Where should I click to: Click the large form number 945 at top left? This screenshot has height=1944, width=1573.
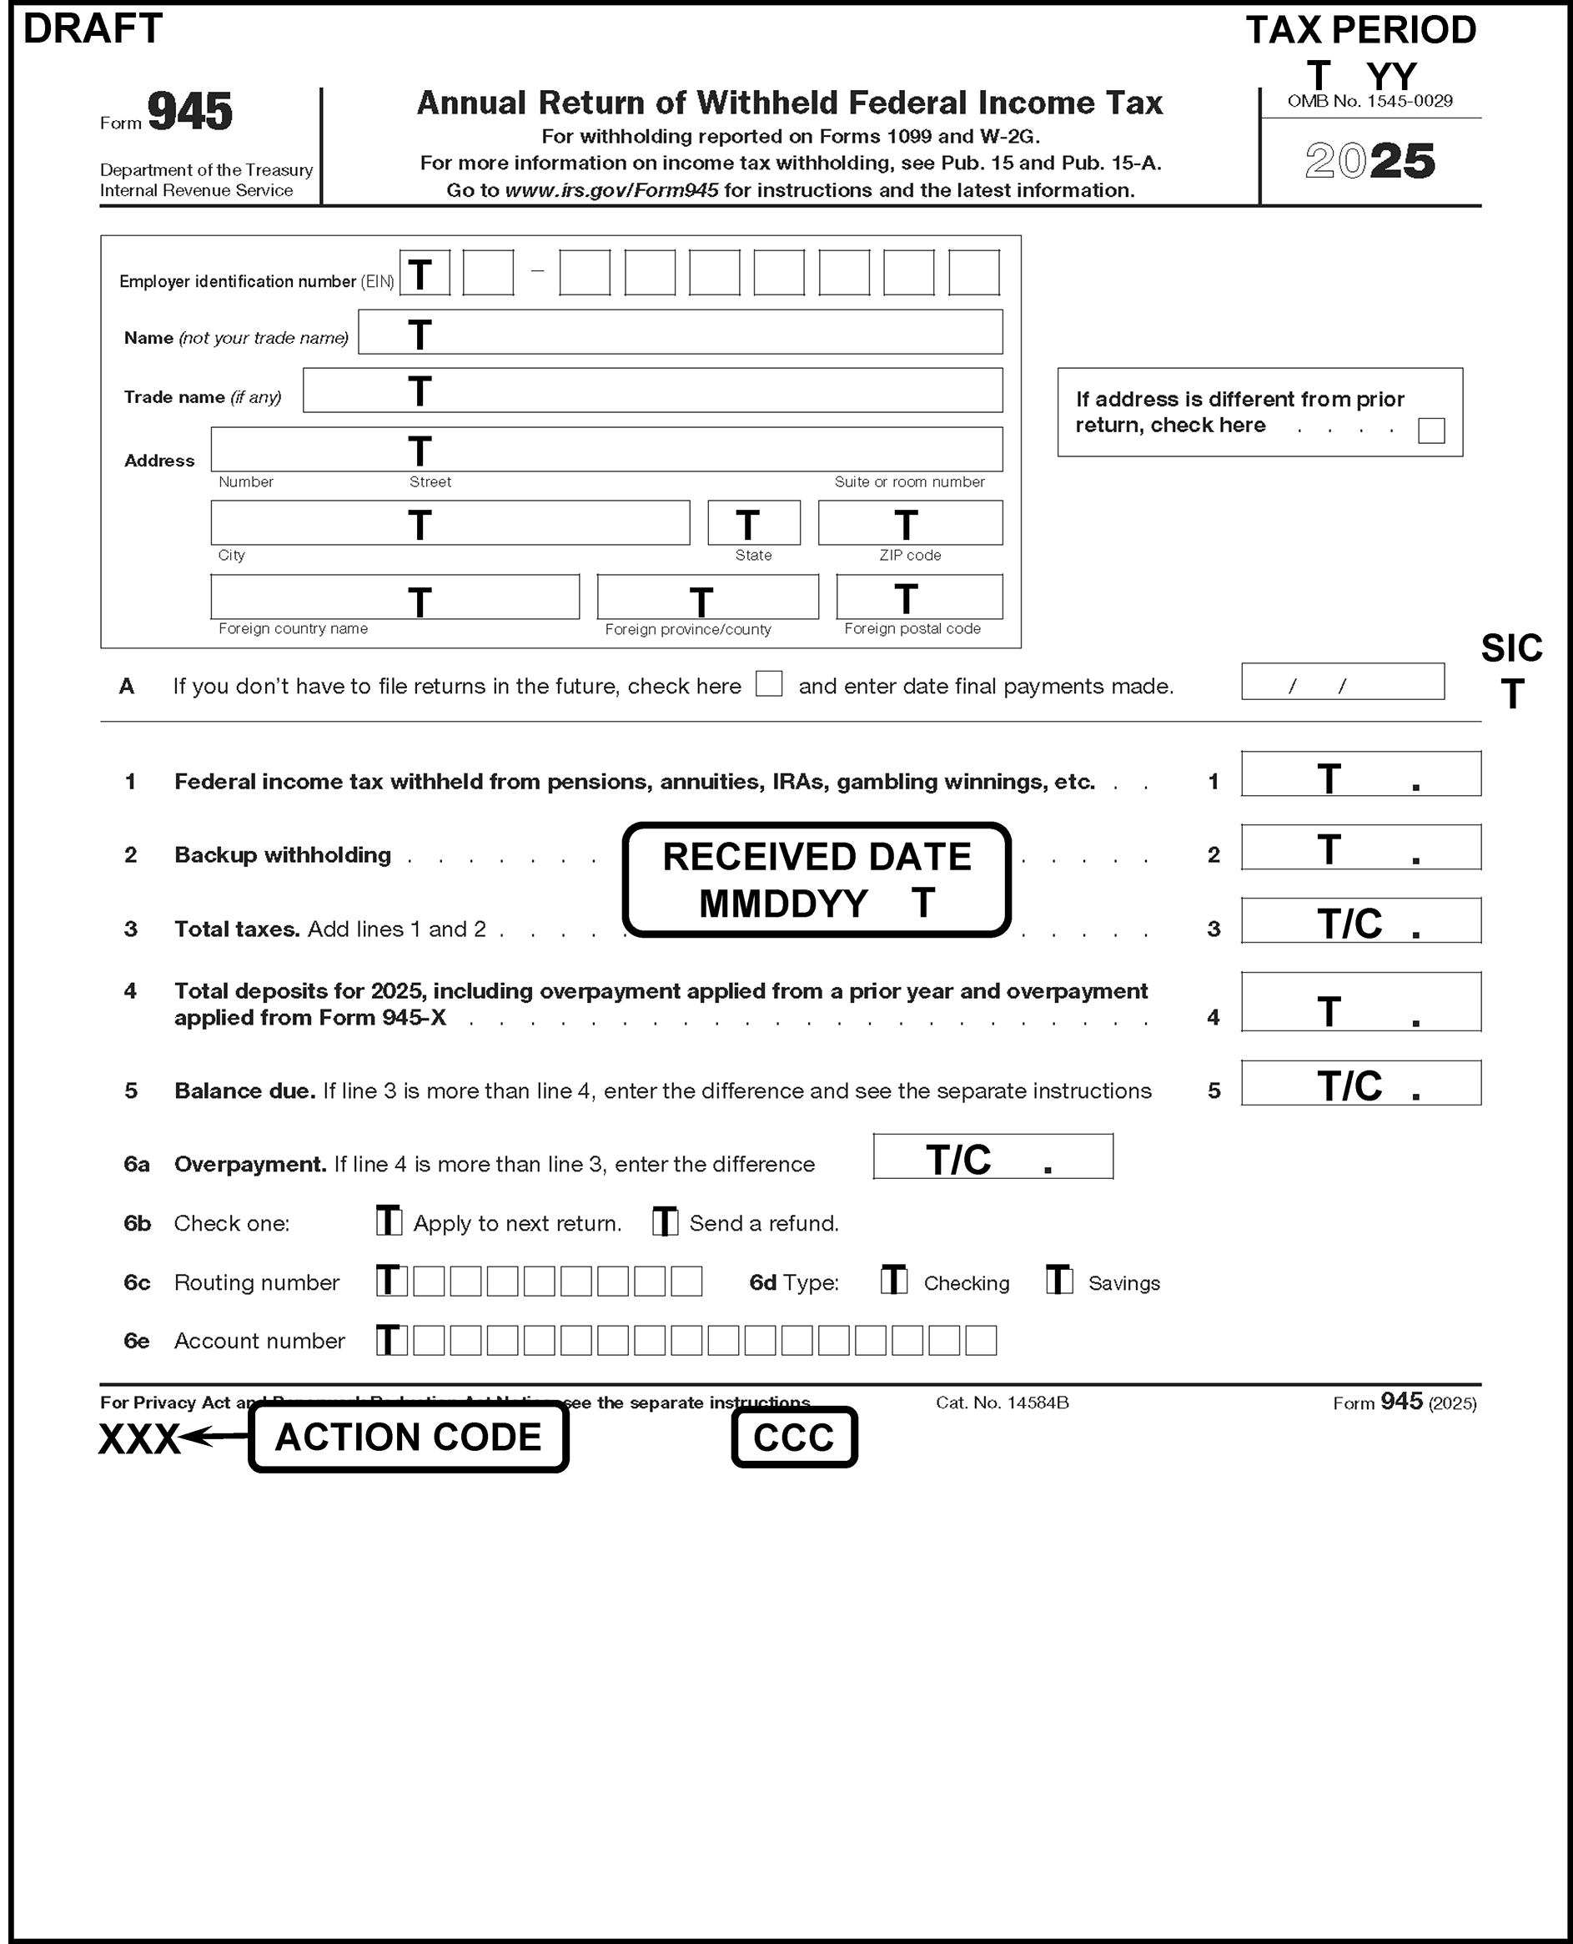point(189,113)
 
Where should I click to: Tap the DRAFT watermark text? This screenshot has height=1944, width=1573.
point(93,29)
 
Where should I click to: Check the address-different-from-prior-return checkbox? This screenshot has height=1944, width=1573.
point(1430,431)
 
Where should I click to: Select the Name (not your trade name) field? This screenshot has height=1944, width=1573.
point(680,333)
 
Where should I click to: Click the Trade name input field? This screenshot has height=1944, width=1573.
point(652,390)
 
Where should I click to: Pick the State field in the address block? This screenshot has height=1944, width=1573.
point(754,523)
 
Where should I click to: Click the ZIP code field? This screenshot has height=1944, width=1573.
point(910,523)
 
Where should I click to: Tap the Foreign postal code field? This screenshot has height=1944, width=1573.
point(919,597)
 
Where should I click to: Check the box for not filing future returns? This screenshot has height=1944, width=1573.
point(768,683)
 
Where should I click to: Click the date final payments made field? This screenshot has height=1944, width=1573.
point(1342,682)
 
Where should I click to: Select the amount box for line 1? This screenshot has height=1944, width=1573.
point(1360,775)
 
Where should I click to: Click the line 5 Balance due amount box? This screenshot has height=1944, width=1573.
point(1360,1083)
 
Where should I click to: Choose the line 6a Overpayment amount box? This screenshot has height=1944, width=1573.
point(993,1156)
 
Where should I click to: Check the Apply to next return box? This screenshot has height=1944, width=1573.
point(389,1221)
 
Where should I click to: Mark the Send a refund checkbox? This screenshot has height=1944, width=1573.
point(665,1221)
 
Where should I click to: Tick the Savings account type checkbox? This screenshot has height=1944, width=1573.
point(1058,1280)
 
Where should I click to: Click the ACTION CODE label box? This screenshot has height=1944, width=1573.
point(408,1437)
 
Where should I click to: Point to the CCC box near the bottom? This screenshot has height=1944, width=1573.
point(794,1438)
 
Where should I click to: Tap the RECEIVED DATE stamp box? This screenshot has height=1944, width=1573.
point(817,879)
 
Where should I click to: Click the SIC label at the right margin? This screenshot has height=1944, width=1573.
point(1510,649)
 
